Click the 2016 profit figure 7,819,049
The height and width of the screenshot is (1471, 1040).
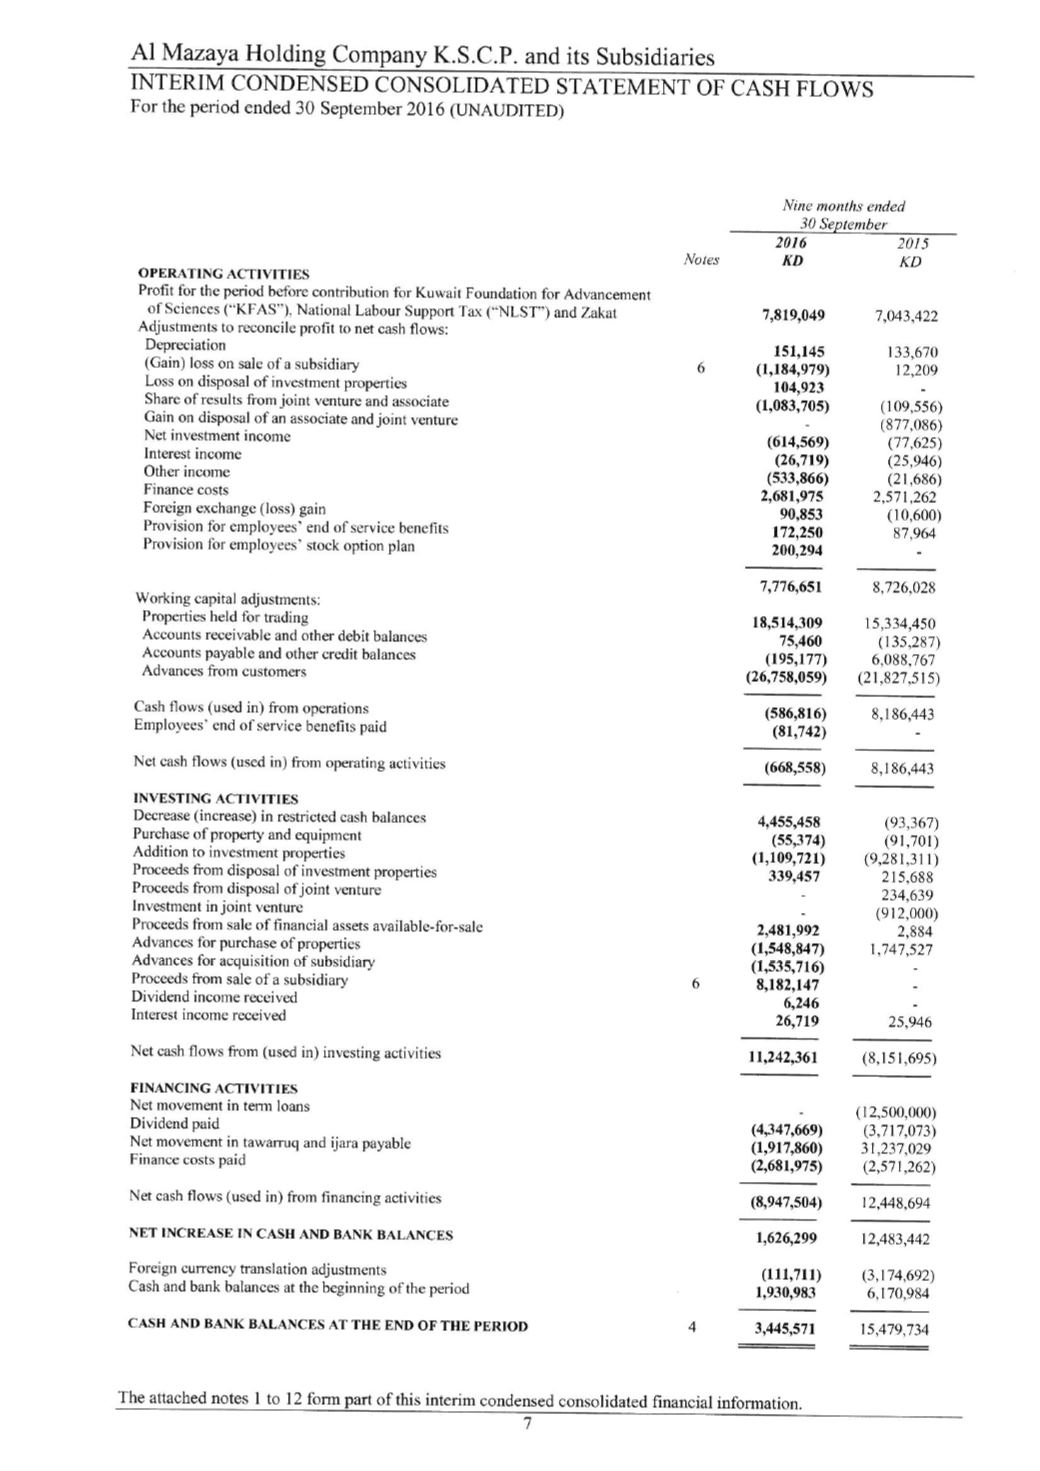[793, 316]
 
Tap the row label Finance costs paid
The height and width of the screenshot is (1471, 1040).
[188, 1160]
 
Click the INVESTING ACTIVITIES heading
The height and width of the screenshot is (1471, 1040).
[215, 799]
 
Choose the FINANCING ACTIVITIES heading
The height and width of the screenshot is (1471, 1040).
[214, 1088]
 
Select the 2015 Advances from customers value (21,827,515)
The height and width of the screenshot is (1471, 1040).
[898, 677]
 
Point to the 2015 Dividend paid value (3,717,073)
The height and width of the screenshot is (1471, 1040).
[899, 1130]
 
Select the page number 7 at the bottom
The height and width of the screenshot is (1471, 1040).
[527, 1425]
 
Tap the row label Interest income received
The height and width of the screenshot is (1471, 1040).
[208, 1015]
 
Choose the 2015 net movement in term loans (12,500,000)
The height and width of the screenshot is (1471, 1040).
[897, 1112]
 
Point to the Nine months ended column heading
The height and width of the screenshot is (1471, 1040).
[845, 206]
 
